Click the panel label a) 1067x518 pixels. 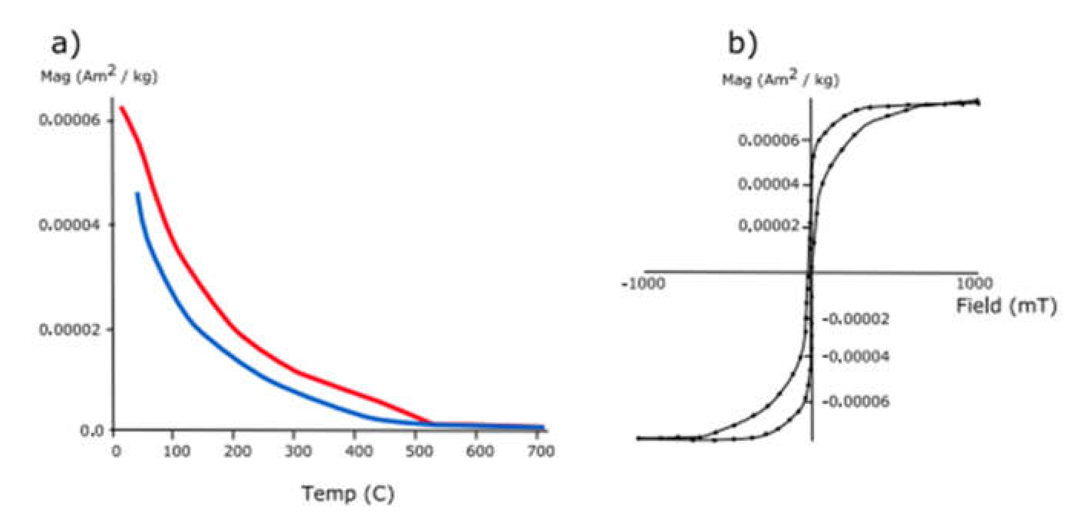66,43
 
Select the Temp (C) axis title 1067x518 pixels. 348,494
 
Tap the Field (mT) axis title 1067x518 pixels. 1006,306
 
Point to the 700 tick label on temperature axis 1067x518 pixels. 540,451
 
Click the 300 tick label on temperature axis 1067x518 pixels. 298,451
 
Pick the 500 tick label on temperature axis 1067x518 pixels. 419,451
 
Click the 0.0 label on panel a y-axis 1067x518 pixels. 92,430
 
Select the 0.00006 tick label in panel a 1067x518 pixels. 69,120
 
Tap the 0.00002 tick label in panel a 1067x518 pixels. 69,330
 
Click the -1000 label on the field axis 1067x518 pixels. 643,284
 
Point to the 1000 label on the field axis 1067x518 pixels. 975,284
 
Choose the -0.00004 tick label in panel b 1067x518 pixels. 856,356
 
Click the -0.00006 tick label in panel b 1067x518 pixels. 856,401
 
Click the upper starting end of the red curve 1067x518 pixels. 122,108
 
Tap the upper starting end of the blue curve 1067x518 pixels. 137,193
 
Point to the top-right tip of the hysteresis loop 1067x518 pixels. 978,101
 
